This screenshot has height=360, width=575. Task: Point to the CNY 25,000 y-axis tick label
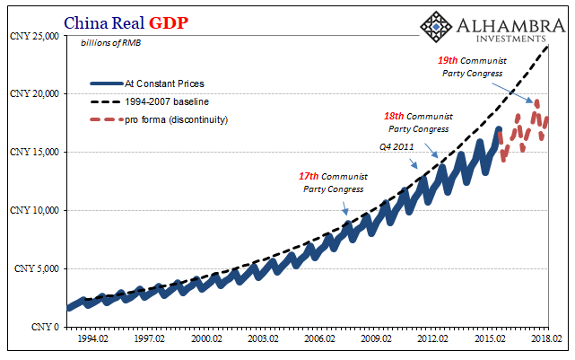tap(32, 36)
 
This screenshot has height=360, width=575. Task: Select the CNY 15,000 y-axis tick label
tap(32, 153)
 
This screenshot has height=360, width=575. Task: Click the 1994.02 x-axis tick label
tap(93, 340)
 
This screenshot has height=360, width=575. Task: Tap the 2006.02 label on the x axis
tap(318, 340)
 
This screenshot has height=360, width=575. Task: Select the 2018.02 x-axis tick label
tap(545, 340)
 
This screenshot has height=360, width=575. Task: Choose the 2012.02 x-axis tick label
tap(431, 340)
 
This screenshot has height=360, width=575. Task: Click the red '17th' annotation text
tap(309, 177)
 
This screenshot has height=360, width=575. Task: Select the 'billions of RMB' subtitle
tap(110, 43)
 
